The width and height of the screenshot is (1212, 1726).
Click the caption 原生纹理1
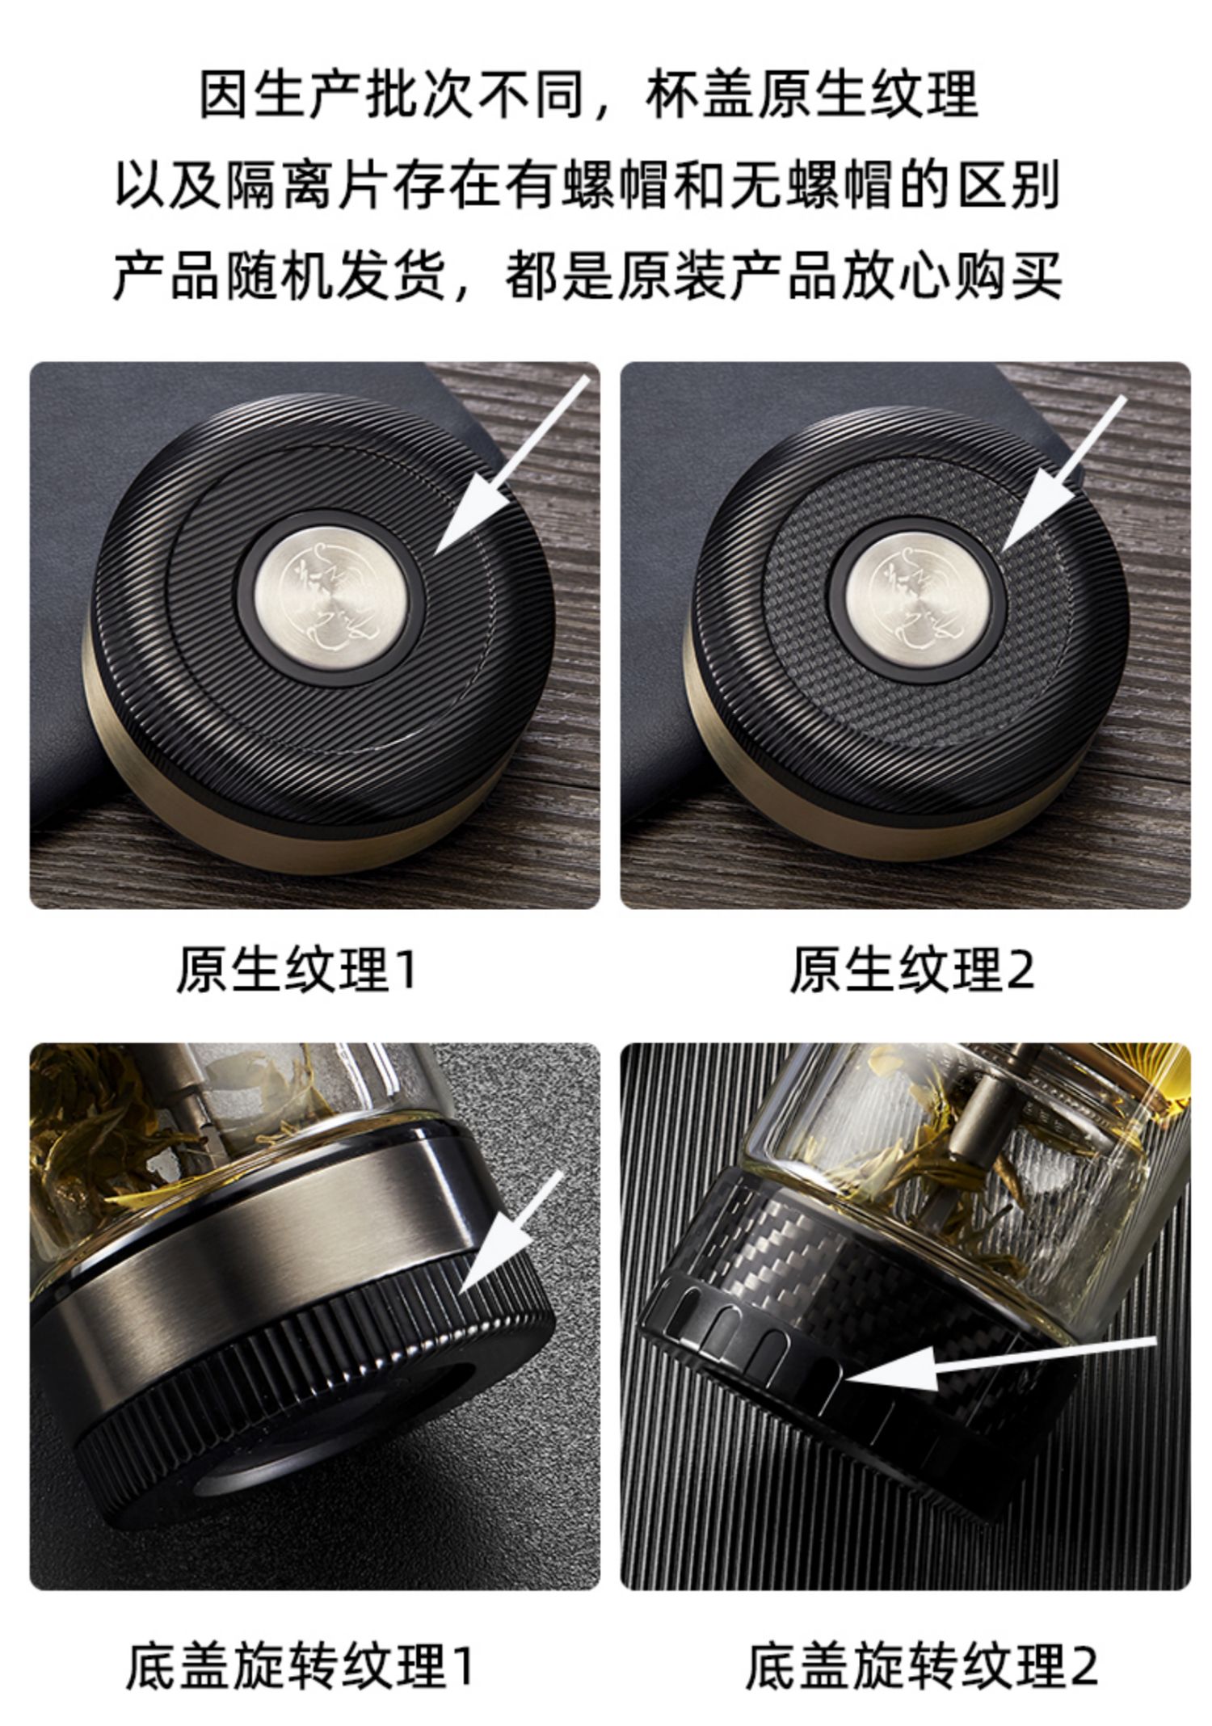(297, 969)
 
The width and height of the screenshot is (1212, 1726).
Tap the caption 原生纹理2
(911, 969)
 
